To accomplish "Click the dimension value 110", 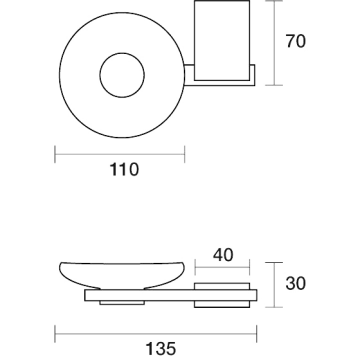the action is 124,170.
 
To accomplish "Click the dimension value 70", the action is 295,41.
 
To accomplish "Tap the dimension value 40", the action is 223,255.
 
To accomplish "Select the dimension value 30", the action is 295,284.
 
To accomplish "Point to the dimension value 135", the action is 161,349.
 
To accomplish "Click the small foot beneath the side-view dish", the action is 122,303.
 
